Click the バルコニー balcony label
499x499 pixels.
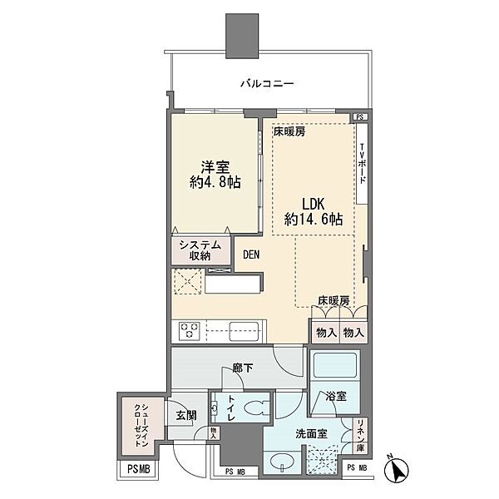[268, 84]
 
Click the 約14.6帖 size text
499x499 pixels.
[314, 220]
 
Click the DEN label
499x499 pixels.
[253, 256]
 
